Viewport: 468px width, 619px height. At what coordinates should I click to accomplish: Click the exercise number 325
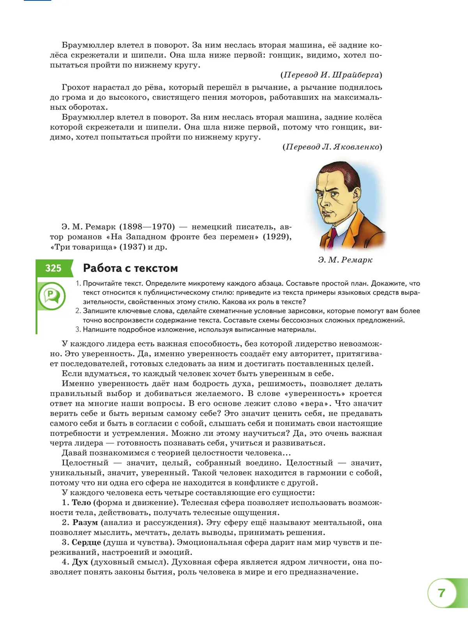(53, 268)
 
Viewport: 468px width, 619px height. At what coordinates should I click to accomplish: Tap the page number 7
(441, 593)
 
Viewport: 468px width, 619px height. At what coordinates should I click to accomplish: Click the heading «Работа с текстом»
(130, 268)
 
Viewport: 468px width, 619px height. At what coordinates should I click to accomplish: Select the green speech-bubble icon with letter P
(51, 296)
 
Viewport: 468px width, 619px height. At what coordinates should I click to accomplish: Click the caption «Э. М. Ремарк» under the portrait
(345, 260)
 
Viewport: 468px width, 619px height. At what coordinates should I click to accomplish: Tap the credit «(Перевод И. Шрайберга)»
(331, 75)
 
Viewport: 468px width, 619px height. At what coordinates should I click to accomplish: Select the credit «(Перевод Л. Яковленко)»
(332, 147)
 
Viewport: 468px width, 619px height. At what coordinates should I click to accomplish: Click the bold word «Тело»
(81, 503)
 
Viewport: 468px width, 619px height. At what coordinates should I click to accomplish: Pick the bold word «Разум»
(85, 523)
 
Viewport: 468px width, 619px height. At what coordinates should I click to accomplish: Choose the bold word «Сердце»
(86, 543)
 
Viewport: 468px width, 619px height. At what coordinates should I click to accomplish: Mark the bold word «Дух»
(80, 562)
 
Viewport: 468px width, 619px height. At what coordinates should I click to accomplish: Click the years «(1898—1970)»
(147, 227)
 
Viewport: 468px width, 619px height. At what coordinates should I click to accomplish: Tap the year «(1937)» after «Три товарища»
(132, 247)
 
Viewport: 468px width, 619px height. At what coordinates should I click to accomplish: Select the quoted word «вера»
(314, 403)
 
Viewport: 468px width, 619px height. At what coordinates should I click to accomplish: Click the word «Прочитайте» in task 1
(102, 283)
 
